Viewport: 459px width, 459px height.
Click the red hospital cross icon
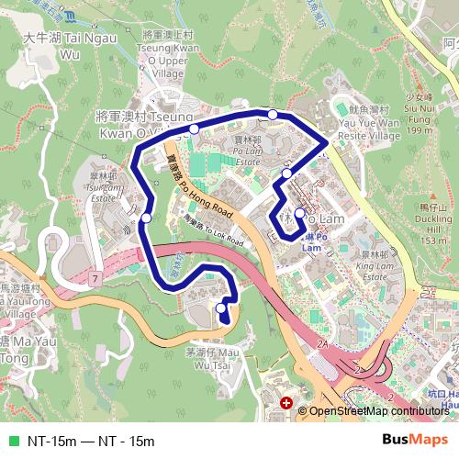287,403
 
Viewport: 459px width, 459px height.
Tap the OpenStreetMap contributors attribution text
378,411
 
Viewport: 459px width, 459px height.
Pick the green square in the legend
13,442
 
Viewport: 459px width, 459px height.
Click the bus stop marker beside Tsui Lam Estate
147,218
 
